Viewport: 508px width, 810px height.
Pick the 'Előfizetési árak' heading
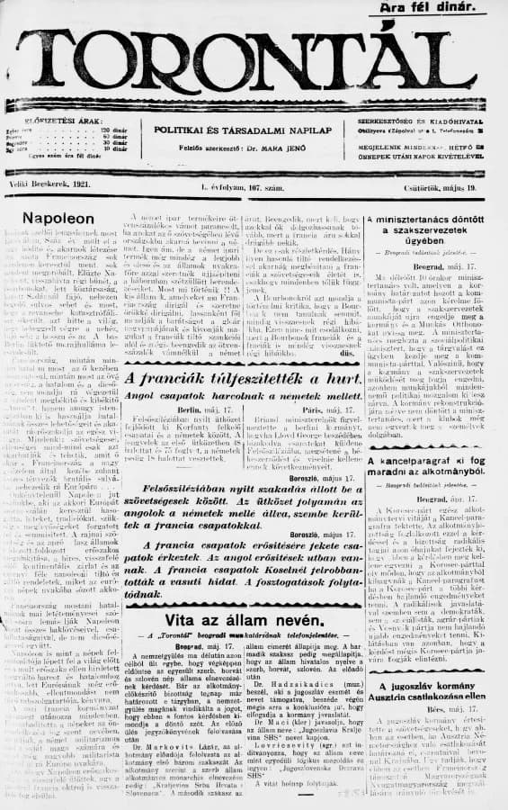pos(66,121)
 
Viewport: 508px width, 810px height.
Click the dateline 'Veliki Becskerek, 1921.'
pos(54,184)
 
